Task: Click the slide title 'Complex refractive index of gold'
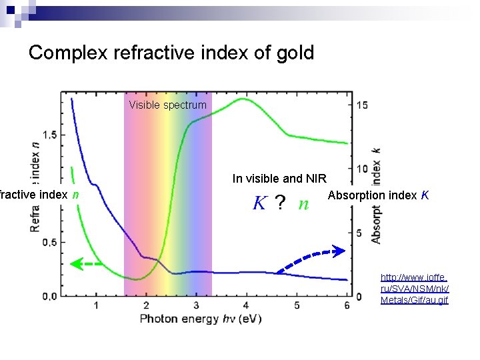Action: pyautogui.click(x=171, y=53)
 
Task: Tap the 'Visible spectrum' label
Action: pyautogui.click(x=168, y=105)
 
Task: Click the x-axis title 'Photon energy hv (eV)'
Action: pyautogui.click(x=201, y=319)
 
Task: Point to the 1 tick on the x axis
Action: pyautogui.click(x=96, y=305)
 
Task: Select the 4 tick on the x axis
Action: pyautogui.click(x=246, y=305)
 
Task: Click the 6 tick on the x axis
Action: pyautogui.click(x=347, y=305)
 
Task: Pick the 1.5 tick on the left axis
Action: pyautogui.click(x=49, y=135)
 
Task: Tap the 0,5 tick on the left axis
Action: pyautogui.click(x=49, y=242)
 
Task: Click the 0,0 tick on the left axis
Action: pyautogui.click(x=49, y=295)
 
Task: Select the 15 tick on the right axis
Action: pyautogui.click(x=362, y=105)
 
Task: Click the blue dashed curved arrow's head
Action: pyautogui.click(x=339, y=251)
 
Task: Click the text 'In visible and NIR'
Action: pyautogui.click(x=279, y=178)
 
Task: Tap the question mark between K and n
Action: pyautogui.click(x=281, y=203)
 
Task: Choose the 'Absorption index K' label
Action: pyautogui.click(x=378, y=195)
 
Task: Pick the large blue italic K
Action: pyautogui.click(x=259, y=203)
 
